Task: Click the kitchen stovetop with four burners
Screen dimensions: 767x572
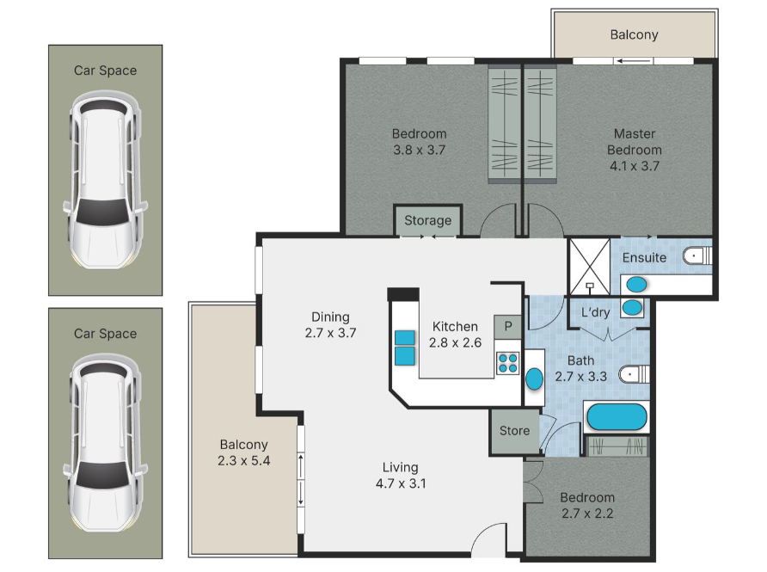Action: coord(507,364)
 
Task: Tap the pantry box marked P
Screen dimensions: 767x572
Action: coord(508,326)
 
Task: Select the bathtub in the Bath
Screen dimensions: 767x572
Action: coord(617,417)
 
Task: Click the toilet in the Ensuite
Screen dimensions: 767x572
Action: coord(697,256)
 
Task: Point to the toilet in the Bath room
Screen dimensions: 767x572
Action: coord(634,375)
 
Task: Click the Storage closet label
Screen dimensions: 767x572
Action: coord(427,221)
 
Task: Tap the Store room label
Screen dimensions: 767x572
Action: coord(514,431)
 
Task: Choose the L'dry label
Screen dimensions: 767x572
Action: coord(595,312)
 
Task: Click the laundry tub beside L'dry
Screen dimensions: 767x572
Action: coord(632,308)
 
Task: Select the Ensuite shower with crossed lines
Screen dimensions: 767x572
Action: coord(589,267)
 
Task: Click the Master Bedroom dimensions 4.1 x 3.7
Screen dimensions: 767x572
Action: coord(635,166)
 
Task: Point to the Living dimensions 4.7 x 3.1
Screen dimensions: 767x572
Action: coord(401,483)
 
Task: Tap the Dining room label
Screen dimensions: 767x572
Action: coord(331,317)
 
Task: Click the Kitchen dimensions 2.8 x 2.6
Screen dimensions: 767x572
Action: coord(456,342)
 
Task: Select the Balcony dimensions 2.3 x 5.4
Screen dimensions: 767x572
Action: coord(244,460)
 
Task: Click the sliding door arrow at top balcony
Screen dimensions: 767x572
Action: coord(634,61)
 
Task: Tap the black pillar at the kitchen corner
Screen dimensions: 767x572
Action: coord(403,294)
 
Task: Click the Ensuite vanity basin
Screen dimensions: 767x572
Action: coord(636,285)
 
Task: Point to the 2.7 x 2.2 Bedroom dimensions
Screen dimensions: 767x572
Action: coord(587,514)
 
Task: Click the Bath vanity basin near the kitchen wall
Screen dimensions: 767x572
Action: coord(534,379)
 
